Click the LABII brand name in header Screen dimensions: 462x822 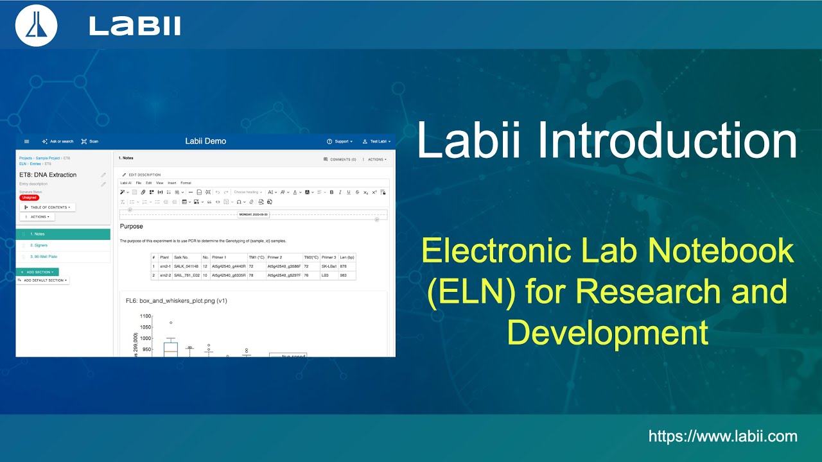[135, 26]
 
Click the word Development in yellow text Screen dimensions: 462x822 [607, 333]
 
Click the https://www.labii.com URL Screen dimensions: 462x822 [722, 437]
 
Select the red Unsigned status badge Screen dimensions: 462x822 [29, 198]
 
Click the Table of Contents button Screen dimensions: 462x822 [48, 207]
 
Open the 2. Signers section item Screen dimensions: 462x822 [39, 245]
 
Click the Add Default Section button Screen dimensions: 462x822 [43, 280]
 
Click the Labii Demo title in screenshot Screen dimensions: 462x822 [205, 141]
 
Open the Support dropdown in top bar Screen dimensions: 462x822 [340, 141]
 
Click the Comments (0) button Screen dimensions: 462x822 [340, 159]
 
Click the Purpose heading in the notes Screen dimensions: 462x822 [132, 227]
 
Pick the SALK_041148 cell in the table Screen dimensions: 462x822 [186, 266]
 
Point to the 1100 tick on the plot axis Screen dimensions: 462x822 [144, 316]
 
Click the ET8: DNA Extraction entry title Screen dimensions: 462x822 [48, 175]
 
